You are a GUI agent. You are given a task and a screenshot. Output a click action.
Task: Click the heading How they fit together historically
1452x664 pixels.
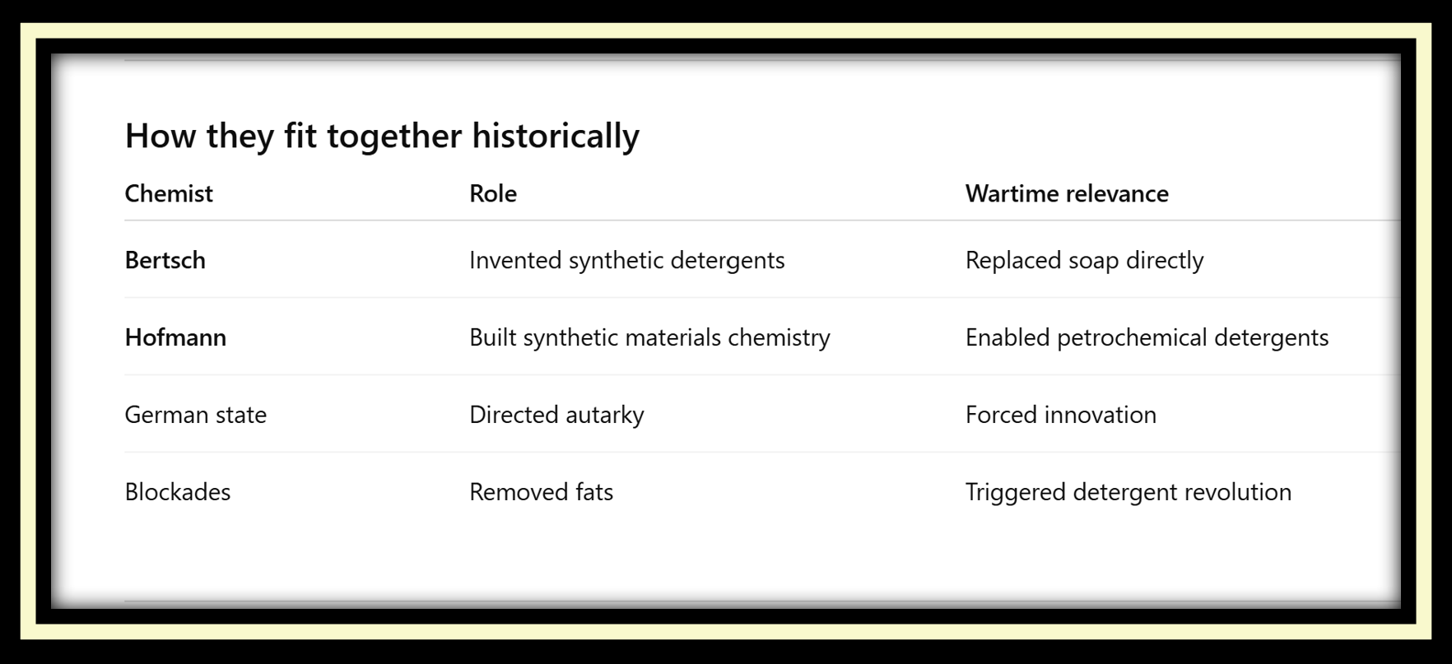click(x=382, y=137)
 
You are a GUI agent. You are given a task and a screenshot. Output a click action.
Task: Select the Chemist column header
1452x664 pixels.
click(x=169, y=193)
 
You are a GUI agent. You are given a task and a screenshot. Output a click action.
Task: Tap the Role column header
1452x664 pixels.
click(x=493, y=193)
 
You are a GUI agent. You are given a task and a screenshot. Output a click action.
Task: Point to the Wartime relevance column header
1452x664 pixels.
click(x=1067, y=193)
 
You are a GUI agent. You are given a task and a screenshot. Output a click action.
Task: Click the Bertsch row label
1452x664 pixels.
click(x=165, y=260)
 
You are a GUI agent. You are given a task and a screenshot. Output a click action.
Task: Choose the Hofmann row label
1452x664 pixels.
click(x=175, y=337)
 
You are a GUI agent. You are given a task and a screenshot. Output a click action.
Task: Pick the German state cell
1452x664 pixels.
click(x=196, y=415)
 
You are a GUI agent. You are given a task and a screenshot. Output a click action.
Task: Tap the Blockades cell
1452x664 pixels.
click(x=178, y=492)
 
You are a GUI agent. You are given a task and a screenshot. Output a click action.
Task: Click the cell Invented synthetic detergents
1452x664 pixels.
click(x=627, y=261)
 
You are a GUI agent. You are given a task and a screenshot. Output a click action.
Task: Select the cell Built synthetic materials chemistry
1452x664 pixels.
click(x=650, y=338)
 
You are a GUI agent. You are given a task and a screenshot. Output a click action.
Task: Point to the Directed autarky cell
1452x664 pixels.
click(x=556, y=416)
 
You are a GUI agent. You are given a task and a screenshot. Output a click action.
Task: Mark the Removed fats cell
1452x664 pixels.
click(x=542, y=492)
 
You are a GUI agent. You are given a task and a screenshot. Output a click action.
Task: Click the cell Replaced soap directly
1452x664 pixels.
click(x=1085, y=261)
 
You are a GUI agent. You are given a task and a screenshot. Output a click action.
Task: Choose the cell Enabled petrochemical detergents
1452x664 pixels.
click(x=1147, y=338)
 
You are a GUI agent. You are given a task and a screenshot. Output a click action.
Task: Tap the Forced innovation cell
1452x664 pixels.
click(x=1061, y=415)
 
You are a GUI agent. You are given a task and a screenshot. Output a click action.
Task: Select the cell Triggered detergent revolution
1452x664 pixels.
click(x=1129, y=493)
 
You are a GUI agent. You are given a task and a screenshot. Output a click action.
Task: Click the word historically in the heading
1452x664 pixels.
click(x=556, y=137)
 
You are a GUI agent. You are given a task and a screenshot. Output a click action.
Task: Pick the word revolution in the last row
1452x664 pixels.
click(x=1238, y=492)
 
